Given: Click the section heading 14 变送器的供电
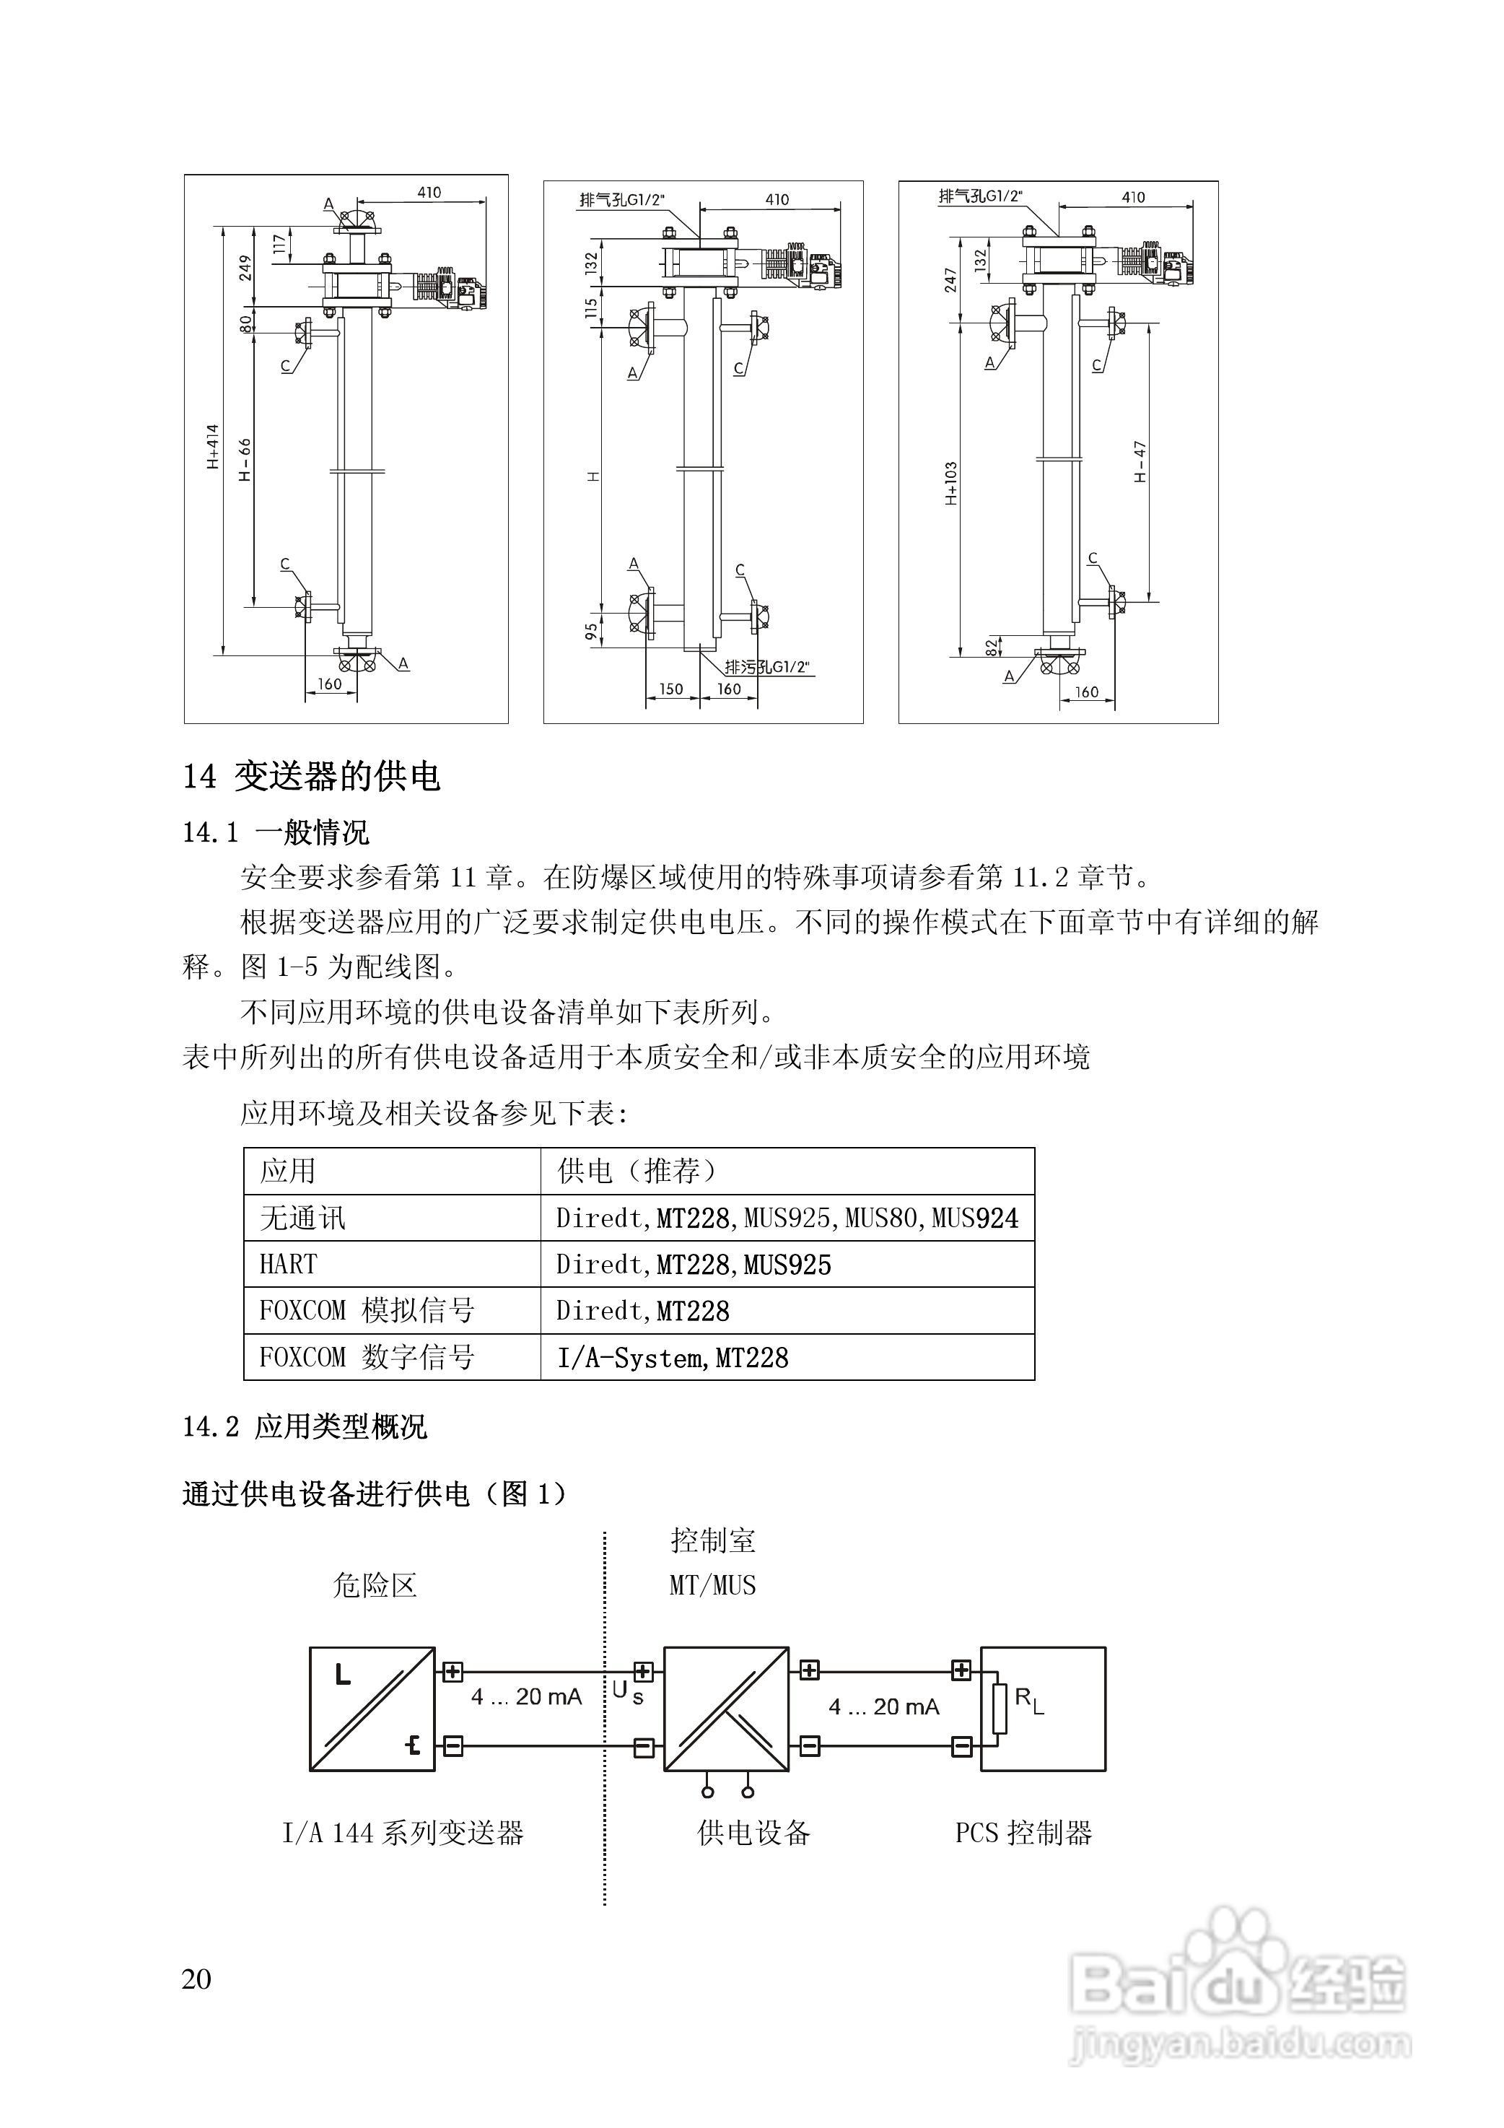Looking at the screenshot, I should [311, 776].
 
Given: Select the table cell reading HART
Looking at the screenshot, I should [288, 1264].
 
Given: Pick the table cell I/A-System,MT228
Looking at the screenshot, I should [673, 1358].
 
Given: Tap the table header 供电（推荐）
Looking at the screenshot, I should [637, 1171].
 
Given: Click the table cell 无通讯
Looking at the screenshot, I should [302, 1218].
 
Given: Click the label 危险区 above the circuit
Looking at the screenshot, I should [375, 1586].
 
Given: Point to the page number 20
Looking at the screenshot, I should [196, 1978].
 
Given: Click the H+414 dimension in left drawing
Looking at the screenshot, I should [213, 447].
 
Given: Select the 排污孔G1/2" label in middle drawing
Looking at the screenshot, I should [766, 666].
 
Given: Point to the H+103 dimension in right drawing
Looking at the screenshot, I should [952, 483].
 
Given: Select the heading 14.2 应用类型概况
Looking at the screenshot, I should [305, 1426].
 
